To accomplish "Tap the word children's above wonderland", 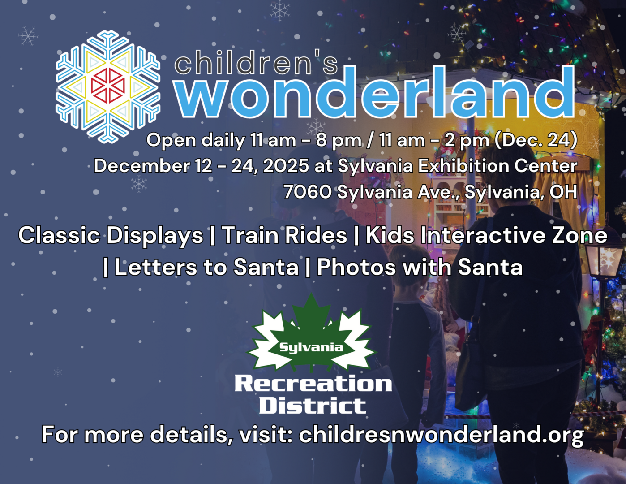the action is tap(256, 62).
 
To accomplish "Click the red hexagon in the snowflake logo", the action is tap(108, 85).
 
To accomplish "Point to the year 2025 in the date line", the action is tap(286, 166).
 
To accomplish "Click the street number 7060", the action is tap(308, 192).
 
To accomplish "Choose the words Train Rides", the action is tap(285, 235).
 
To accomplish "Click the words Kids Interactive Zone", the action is tap(486, 235).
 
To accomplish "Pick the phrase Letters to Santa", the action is tap(206, 267).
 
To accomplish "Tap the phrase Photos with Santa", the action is tap(420, 267).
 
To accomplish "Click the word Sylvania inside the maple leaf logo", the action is tap(311, 347).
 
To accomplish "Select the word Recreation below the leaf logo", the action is tap(313, 384).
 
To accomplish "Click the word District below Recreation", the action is tap(313, 406).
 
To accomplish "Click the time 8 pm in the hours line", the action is tap(339, 140).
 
